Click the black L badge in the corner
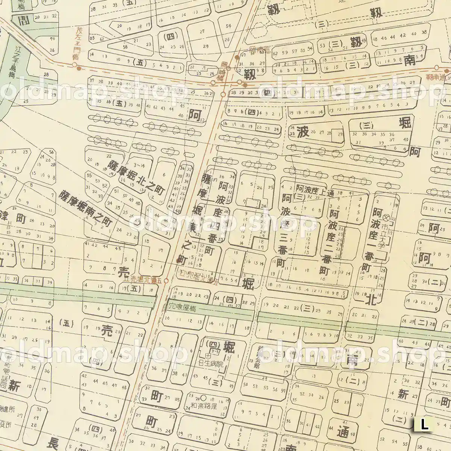point(424,425)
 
